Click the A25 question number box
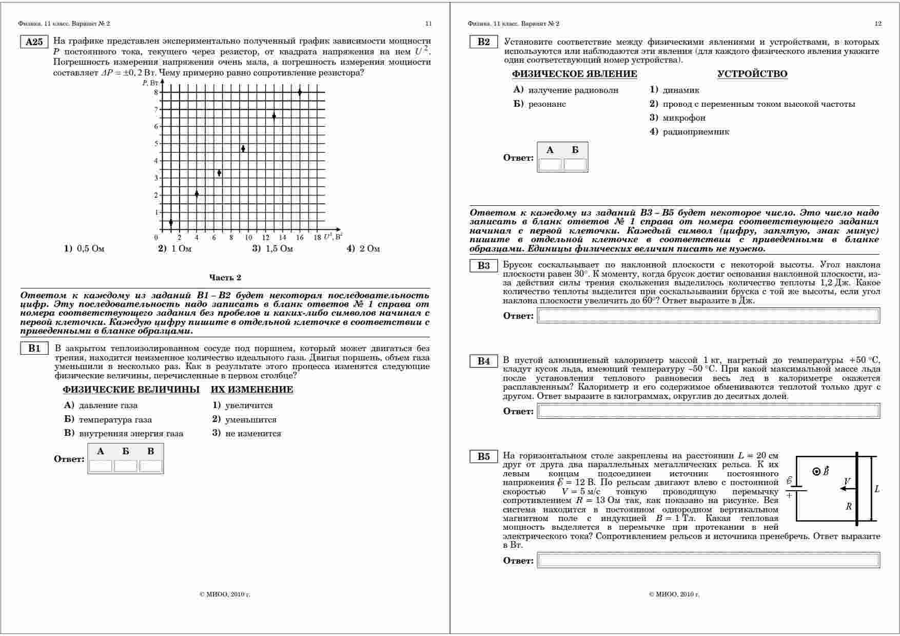coord(34,42)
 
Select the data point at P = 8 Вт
coord(300,92)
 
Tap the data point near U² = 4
coord(197,194)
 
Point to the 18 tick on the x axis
coord(317,238)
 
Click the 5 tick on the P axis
coord(156,144)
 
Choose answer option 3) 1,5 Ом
coord(272,249)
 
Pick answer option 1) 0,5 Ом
coord(84,249)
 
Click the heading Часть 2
coord(225,278)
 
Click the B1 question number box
coord(34,349)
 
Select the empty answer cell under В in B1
coord(151,466)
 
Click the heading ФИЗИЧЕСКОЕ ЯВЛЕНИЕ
coord(574,74)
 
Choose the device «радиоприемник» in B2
coord(695,132)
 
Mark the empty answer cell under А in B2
coord(550,164)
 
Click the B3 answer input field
coord(708,316)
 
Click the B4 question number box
coord(483,361)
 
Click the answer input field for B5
coord(708,561)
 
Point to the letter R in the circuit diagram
coord(849,507)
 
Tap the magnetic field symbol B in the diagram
coord(826,471)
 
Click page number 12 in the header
coord(878,24)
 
